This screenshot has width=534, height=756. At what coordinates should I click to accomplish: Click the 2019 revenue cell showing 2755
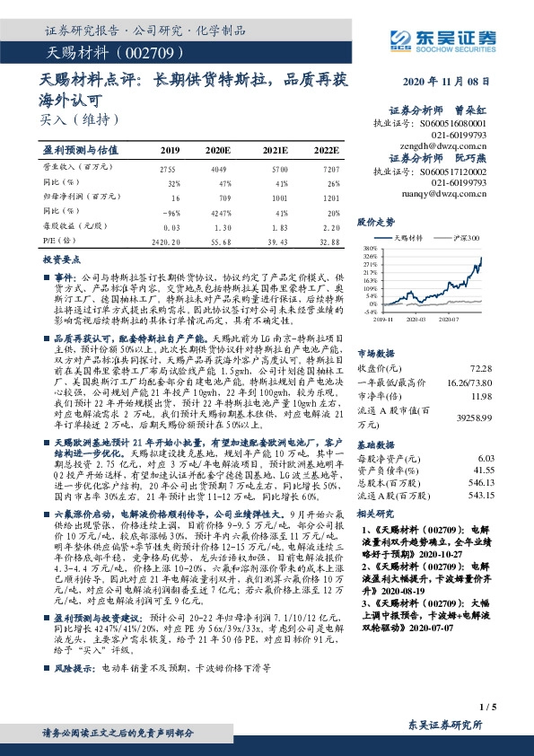click(x=167, y=169)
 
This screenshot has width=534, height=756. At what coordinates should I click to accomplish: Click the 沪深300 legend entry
click(x=462, y=238)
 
